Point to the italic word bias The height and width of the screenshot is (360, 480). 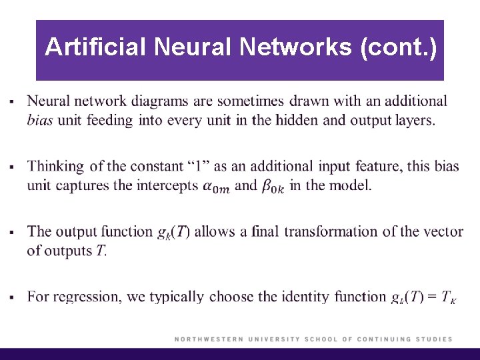point(41,121)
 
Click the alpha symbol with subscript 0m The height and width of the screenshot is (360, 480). point(215,187)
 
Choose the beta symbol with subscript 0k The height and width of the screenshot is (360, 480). point(272,187)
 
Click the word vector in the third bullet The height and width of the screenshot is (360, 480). point(444,232)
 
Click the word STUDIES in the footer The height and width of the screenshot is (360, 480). point(433,339)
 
